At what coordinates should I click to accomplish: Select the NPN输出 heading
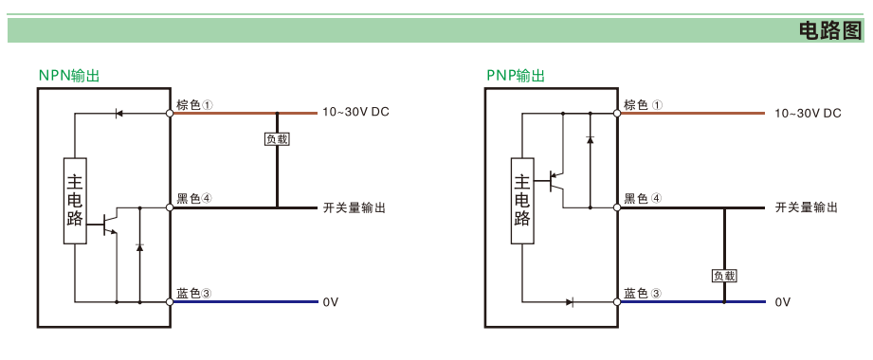pos(69,76)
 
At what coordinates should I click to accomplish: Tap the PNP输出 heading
pos(516,76)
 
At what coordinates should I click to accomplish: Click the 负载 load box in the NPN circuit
pos(277,139)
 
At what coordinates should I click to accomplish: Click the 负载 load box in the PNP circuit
pos(724,276)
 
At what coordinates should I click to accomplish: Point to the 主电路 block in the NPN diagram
pos(75,201)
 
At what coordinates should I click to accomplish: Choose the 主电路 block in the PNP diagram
pos(522,201)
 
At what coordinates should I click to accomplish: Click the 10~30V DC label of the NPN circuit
pos(355,113)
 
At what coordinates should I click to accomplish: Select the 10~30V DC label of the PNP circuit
pos(808,114)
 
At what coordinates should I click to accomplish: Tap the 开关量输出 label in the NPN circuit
pos(355,208)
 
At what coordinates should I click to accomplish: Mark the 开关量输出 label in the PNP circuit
pos(807,208)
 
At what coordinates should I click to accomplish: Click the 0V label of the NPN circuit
pos(330,302)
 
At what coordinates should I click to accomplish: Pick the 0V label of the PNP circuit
pos(782,302)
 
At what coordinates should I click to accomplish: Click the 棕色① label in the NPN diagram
pos(195,104)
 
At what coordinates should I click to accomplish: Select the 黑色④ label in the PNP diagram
pos(643,199)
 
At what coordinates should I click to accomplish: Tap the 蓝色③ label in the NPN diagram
pos(195,294)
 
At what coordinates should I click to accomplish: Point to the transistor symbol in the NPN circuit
pos(110,222)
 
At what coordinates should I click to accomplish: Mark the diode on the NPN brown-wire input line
pos(118,114)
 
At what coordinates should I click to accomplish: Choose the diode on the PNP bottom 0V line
pos(570,302)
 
